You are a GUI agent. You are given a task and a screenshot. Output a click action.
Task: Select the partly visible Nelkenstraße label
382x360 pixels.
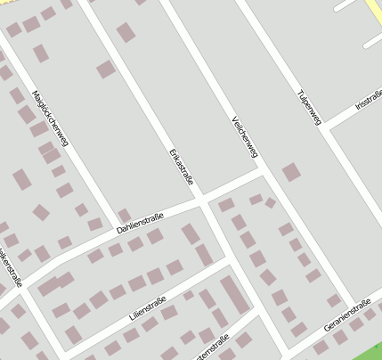[11, 261]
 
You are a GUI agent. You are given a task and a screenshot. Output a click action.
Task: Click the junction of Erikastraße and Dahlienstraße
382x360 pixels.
[201, 198]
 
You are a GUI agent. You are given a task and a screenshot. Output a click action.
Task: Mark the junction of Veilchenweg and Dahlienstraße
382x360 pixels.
[264, 176]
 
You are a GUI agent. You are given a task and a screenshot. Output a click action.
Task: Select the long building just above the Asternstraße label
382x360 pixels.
[234, 296]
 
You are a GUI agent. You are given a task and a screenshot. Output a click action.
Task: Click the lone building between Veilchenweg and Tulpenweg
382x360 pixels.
[291, 172]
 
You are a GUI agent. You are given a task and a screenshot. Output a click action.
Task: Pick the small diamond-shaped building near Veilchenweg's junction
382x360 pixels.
[270, 203]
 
